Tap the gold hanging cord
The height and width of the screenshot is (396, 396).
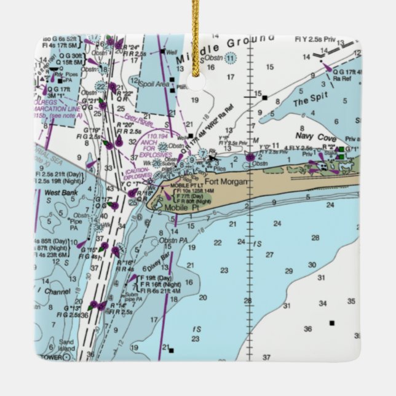[x=196, y=25]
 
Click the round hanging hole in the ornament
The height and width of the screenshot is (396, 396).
[x=196, y=83]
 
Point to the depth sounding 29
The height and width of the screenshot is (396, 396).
[x=288, y=271]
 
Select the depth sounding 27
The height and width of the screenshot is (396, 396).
[x=269, y=254]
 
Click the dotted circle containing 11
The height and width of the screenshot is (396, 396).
[x=230, y=59]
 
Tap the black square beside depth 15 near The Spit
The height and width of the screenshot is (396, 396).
[x=264, y=97]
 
